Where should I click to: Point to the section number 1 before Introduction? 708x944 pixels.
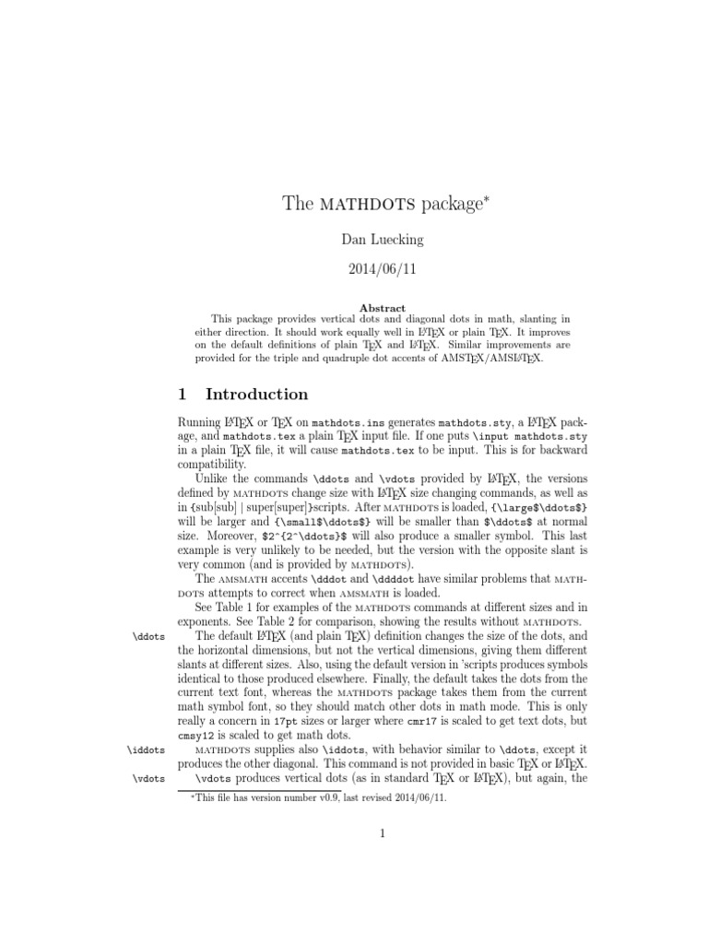(183, 395)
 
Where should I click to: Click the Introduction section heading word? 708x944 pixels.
(257, 395)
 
